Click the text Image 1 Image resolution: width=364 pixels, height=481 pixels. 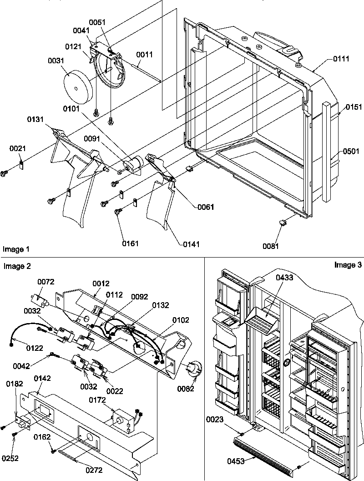point(16,249)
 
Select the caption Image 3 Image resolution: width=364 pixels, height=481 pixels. point(347,265)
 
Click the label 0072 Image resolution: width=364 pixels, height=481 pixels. point(45,283)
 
